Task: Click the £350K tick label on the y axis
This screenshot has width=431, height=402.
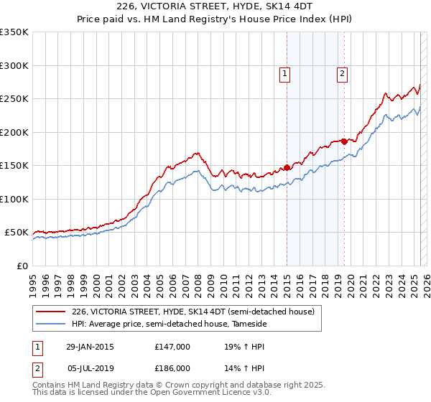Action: [14, 32]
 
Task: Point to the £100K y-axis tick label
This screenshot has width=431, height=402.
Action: [14, 199]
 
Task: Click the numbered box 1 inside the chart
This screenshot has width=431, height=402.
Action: [285, 73]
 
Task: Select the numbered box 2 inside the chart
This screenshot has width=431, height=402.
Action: [342, 73]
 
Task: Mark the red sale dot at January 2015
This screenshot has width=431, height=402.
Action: [287, 167]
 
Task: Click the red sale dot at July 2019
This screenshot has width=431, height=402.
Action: [344, 141]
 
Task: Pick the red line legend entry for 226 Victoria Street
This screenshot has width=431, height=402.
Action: [193, 312]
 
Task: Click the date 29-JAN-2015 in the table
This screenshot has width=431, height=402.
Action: [88, 347]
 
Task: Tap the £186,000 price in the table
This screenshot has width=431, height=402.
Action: [172, 368]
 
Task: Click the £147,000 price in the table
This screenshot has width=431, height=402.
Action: [172, 347]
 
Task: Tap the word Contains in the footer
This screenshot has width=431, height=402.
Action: [51, 385]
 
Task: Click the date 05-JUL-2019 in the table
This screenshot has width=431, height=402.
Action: [88, 368]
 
